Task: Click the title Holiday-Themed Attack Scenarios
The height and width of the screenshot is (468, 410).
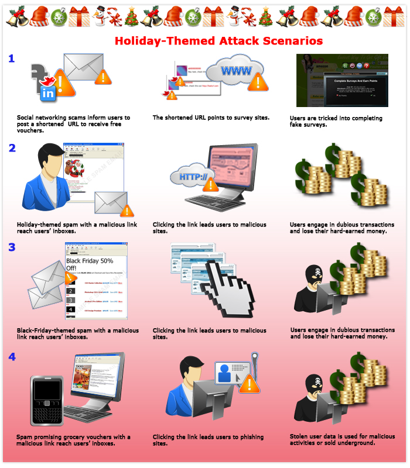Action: [218, 42]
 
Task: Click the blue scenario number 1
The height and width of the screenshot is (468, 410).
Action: [11, 58]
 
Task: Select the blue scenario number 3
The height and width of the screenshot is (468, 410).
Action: [12, 247]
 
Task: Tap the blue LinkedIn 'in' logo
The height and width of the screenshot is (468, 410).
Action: [47, 92]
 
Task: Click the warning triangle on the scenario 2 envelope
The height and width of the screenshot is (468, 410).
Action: [126, 209]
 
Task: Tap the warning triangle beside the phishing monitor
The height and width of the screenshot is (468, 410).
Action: [250, 385]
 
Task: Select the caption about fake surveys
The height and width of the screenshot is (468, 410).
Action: [336, 121]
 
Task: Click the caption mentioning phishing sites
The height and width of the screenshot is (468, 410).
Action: [208, 440]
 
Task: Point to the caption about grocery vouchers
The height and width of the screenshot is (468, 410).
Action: [73, 440]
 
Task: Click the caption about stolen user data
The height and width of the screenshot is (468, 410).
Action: [342, 439]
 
